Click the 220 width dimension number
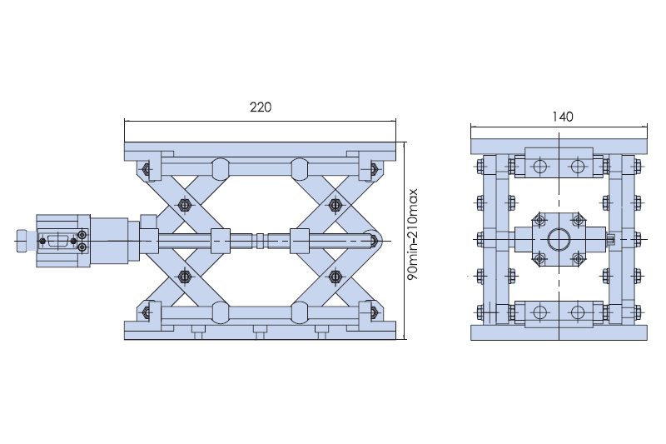pos(261,107)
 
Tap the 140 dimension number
pos(563,117)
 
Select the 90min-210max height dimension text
pos(412,234)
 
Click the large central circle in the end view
pos(559,239)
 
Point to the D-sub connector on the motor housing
pos(57,241)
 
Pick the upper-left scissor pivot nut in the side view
pos(184,205)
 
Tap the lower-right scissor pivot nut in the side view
pos(335,277)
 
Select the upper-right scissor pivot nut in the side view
pos(335,205)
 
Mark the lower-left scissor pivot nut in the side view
pos(184,277)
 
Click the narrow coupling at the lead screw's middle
pos(261,241)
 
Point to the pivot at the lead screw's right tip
pos(372,241)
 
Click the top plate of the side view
pos(260,149)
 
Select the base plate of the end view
pos(559,332)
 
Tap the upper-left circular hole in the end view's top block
pos(539,166)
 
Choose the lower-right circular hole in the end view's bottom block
pos(578,312)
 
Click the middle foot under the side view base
pos(260,332)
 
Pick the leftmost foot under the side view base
pos(198,332)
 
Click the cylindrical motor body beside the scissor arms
pos(109,241)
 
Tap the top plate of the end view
pos(559,146)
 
